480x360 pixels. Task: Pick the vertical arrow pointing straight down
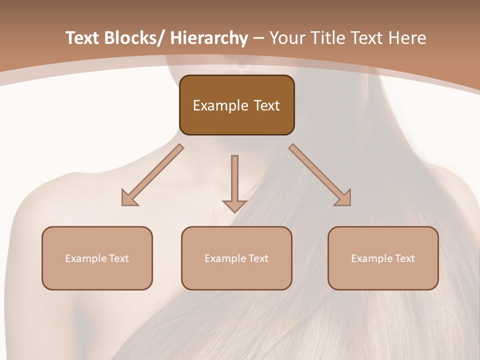(x=234, y=182)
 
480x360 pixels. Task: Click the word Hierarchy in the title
(x=209, y=38)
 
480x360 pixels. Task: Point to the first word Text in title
(x=82, y=38)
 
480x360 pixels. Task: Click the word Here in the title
(x=409, y=38)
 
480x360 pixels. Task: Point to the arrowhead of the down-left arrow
(x=129, y=198)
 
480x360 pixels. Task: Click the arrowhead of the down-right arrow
(x=344, y=198)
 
